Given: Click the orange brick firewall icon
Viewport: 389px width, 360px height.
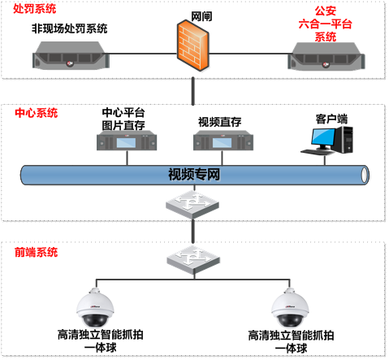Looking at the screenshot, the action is coord(193,46).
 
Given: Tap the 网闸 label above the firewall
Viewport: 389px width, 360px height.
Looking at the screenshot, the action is coord(201,16).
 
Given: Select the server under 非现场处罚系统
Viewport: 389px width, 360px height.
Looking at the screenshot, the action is coord(71,55).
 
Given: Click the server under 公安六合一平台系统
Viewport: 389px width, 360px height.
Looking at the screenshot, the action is coord(326,56).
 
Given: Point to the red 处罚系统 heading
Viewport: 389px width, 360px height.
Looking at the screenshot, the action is coord(35,8).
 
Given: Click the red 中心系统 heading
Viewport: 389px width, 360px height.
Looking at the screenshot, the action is coord(37,113).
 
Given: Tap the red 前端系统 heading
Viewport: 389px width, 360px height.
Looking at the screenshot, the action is coord(37,252).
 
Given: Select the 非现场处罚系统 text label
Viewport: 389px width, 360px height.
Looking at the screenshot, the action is coord(70,28).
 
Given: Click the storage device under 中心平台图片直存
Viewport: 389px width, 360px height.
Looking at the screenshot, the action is coord(127,141).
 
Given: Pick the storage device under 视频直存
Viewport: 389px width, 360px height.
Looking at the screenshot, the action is coord(223,141).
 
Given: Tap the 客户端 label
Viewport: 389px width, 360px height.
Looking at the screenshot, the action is coord(331,119).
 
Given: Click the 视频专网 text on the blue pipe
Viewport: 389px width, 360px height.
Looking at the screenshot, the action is coord(194,174).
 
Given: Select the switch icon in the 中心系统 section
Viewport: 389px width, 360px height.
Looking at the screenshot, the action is coord(192,205).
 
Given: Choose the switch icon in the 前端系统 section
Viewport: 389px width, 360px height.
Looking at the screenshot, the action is coord(193,260).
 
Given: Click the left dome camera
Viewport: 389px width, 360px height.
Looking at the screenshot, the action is coord(95,308).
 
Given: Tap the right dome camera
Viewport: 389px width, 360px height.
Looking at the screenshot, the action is coord(290,308).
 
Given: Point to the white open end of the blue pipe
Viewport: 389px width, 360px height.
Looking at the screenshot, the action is coord(365,175).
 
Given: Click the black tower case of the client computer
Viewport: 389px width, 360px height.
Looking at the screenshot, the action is coord(344,140).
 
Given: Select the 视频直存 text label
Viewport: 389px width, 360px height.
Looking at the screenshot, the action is coord(219,122).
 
